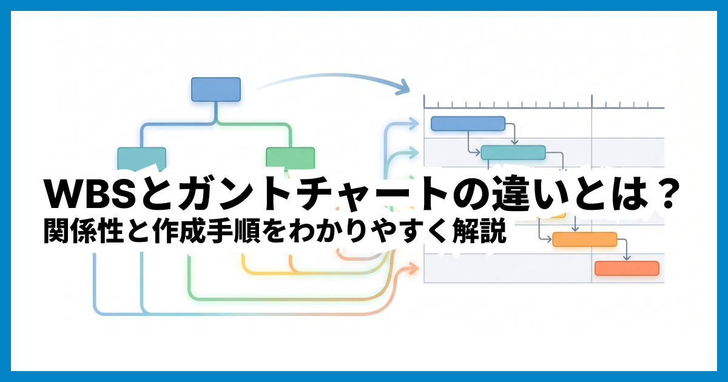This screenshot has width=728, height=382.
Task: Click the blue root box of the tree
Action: click(x=216, y=89)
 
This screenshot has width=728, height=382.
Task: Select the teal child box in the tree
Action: click(x=142, y=158)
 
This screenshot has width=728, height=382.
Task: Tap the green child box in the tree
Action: click(x=290, y=158)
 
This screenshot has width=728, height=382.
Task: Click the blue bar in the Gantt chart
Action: click(x=468, y=124)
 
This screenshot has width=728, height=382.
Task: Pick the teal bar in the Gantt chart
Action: click(x=513, y=153)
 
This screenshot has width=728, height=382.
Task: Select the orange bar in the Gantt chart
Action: click(x=585, y=240)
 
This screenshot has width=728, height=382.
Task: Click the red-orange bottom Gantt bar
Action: click(x=627, y=268)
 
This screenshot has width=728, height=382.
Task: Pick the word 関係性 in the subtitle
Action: click(x=84, y=232)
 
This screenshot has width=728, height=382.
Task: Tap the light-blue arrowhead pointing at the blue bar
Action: click(x=414, y=123)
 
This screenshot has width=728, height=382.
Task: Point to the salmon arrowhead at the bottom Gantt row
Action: click(x=413, y=268)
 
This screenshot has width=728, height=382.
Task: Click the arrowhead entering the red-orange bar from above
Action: click(x=627, y=258)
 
